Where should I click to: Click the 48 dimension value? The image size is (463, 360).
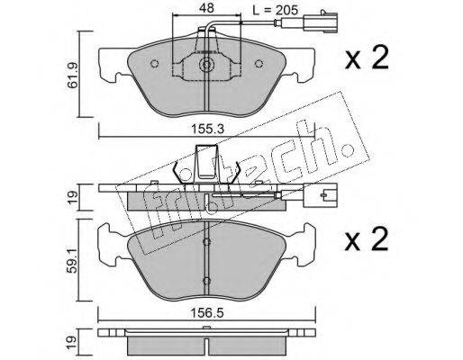tap(206, 8)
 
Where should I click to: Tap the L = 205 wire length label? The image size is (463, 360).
tap(276, 10)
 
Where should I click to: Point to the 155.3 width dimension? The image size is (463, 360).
tap(207, 130)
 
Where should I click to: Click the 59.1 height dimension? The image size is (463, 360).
tap(73, 260)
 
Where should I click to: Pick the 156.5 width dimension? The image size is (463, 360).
tap(207, 313)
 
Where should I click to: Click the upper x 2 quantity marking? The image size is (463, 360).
tap(367, 58)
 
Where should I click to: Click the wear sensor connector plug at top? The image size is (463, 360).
tap(320, 21)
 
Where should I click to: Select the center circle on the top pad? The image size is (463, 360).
tap(206, 64)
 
